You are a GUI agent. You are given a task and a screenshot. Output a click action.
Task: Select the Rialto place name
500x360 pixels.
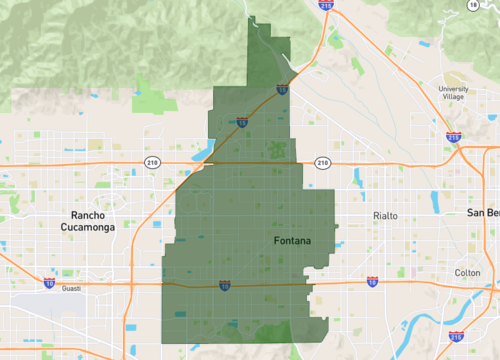[385, 216]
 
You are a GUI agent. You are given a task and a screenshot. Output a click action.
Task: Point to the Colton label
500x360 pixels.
[467, 273]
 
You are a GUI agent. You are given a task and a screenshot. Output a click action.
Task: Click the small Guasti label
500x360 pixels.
[71, 289]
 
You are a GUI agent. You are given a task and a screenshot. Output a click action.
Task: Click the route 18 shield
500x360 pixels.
[472, 5]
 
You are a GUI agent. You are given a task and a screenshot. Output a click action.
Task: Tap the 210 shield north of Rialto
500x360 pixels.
[322, 162]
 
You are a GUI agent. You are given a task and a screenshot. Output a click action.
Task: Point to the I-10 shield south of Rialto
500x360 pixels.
[372, 282]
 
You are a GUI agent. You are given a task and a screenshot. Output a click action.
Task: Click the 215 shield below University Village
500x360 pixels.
[453, 136]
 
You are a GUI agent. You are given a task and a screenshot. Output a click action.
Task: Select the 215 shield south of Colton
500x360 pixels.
[455, 337]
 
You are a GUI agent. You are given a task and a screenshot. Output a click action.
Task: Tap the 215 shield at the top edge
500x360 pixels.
[326, 5]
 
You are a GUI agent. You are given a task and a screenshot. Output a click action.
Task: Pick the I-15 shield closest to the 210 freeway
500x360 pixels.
[243, 123]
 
